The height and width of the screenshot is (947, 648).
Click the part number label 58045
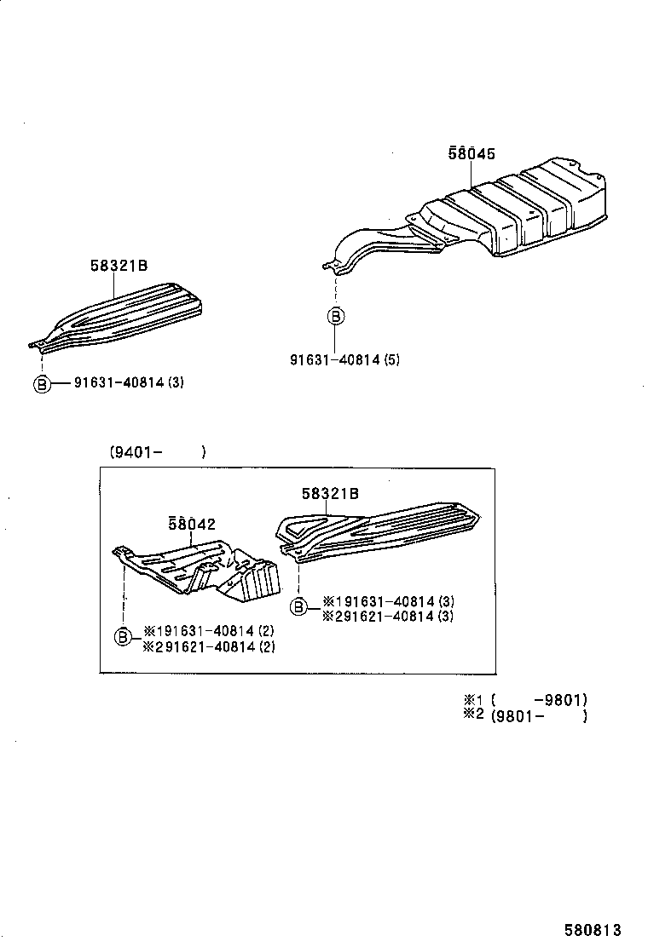click(x=472, y=154)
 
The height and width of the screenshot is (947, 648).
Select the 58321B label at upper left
click(x=119, y=266)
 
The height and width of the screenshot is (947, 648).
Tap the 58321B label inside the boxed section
click(x=329, y=493)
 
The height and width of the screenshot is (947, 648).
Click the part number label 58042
click(x=191, y=524)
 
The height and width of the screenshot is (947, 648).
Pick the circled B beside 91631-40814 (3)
click(x=41, y=383)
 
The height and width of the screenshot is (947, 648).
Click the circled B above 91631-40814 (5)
click(x=336, y=317)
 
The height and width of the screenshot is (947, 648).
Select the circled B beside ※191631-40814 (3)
click(x=298, y=606)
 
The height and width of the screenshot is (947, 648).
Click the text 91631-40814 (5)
click(x=344, y=360)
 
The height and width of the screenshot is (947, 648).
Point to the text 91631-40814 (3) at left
click(x=128, y=383)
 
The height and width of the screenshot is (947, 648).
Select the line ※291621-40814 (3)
click(x=387, y=616)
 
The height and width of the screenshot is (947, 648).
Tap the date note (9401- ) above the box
click(x=157, y=452)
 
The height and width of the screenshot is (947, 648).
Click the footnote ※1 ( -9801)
click(x=525, y=700)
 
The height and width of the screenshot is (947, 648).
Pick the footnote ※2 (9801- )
click(x=525, y=716)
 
